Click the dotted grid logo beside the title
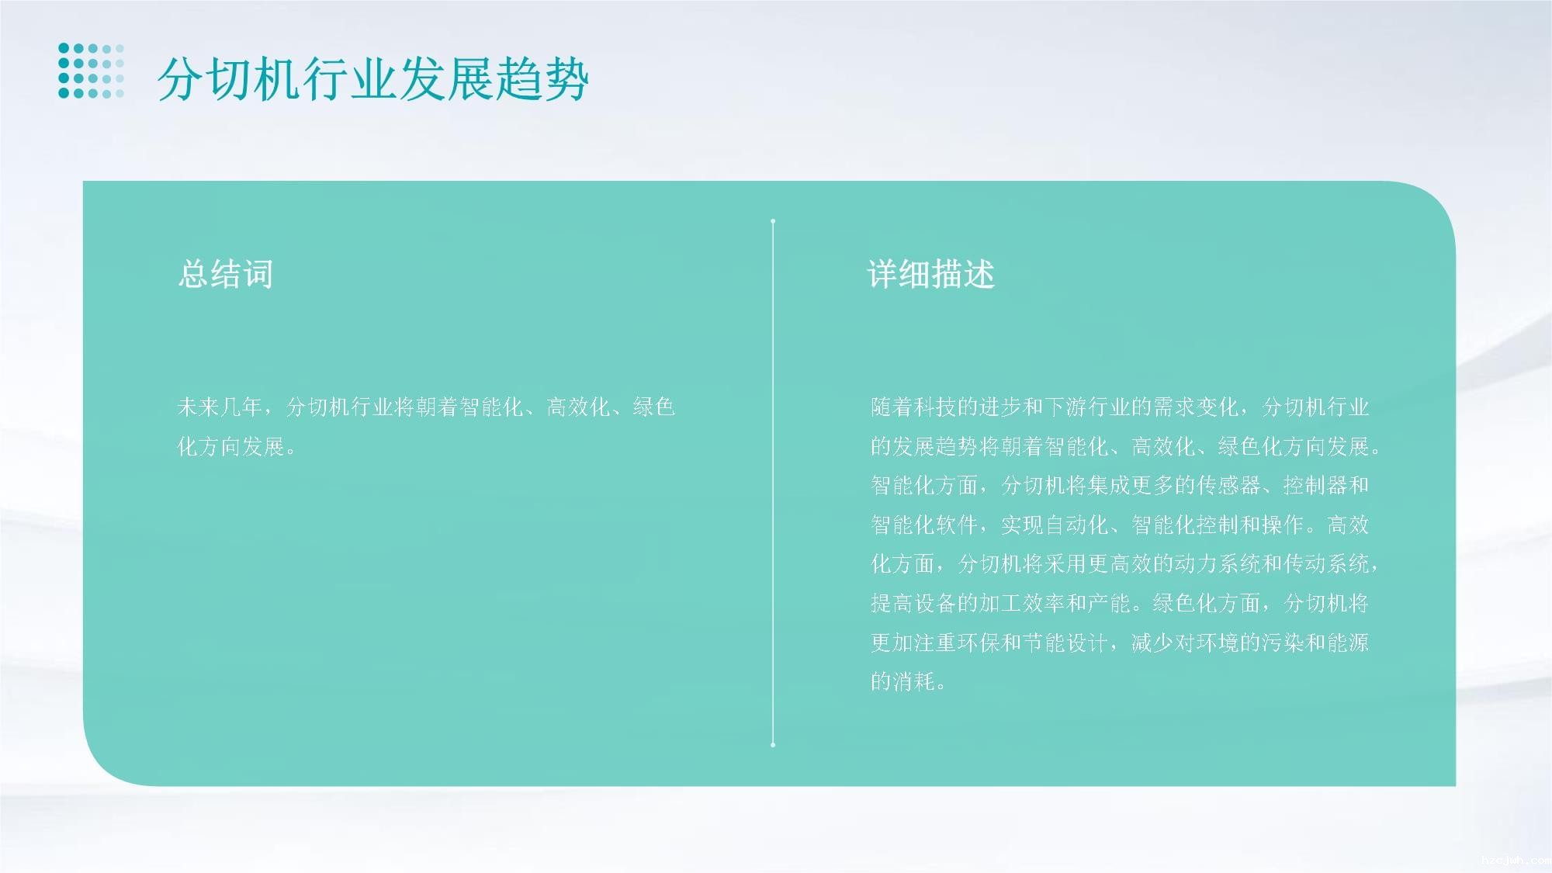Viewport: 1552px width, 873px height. (x=92, y=71)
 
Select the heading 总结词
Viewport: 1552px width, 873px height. (x=225, y=274)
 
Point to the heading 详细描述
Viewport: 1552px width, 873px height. (x=930, y=274)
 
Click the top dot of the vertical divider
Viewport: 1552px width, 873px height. (x=773, y=221)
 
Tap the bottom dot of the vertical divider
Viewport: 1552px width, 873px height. (x=773, y=745)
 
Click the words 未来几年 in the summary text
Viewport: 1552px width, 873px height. (x=220, y=407)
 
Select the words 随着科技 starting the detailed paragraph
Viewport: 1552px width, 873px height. (x=913, y=407)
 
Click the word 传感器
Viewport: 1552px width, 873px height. (x=1228, y=485)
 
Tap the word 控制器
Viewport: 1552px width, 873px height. (x=1315, y=485)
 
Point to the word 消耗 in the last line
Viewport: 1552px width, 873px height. (x=913, y=681)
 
